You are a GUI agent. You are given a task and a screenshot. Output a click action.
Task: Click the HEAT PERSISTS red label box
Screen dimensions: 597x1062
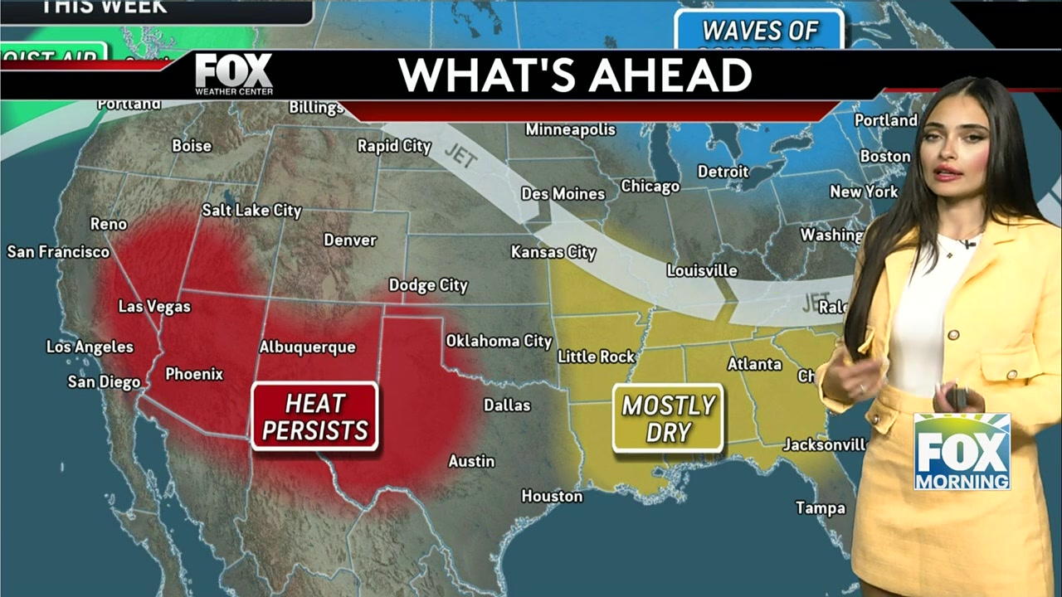tap(314, 416)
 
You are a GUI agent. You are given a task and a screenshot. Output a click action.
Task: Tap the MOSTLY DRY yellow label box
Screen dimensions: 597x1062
tap(668, 418)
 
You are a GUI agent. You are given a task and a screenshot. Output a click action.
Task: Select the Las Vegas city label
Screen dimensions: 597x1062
tap(154, 307)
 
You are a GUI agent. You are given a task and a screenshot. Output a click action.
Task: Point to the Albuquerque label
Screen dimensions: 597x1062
tap(307, 347)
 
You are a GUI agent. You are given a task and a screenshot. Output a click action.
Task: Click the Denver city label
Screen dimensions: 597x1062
tap(349, 240)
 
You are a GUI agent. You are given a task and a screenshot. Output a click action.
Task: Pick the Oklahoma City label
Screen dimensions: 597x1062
tap(499, 341)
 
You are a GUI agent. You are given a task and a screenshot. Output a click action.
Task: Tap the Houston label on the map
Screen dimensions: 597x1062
tap(552, 496)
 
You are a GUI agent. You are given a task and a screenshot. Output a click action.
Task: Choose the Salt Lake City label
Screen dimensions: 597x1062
tap(251, 211)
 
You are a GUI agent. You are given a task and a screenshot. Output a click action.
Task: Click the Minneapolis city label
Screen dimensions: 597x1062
tap(571, 130)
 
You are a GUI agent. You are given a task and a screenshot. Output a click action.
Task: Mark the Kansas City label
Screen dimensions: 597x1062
tap(553, 251)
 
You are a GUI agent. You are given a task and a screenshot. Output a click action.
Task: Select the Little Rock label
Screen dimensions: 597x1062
tap(596, 357)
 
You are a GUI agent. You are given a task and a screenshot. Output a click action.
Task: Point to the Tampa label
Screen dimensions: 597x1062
tap(820, 507)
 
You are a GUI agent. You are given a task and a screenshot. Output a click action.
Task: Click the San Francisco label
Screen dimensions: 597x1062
tap(58, 251)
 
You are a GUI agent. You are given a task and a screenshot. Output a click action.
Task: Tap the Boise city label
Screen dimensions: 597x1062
tap(192, 146)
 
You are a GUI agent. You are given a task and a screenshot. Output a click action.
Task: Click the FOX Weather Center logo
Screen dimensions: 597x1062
tap(234, 75)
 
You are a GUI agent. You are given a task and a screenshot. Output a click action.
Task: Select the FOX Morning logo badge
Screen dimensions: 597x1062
tap(962, 452)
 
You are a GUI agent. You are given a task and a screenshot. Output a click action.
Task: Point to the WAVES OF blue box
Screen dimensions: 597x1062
tap(759, 32)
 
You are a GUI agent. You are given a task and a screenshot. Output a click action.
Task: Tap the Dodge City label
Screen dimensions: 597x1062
tap(428, 285)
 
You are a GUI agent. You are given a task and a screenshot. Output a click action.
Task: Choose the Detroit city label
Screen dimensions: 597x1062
tap(723, 172)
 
